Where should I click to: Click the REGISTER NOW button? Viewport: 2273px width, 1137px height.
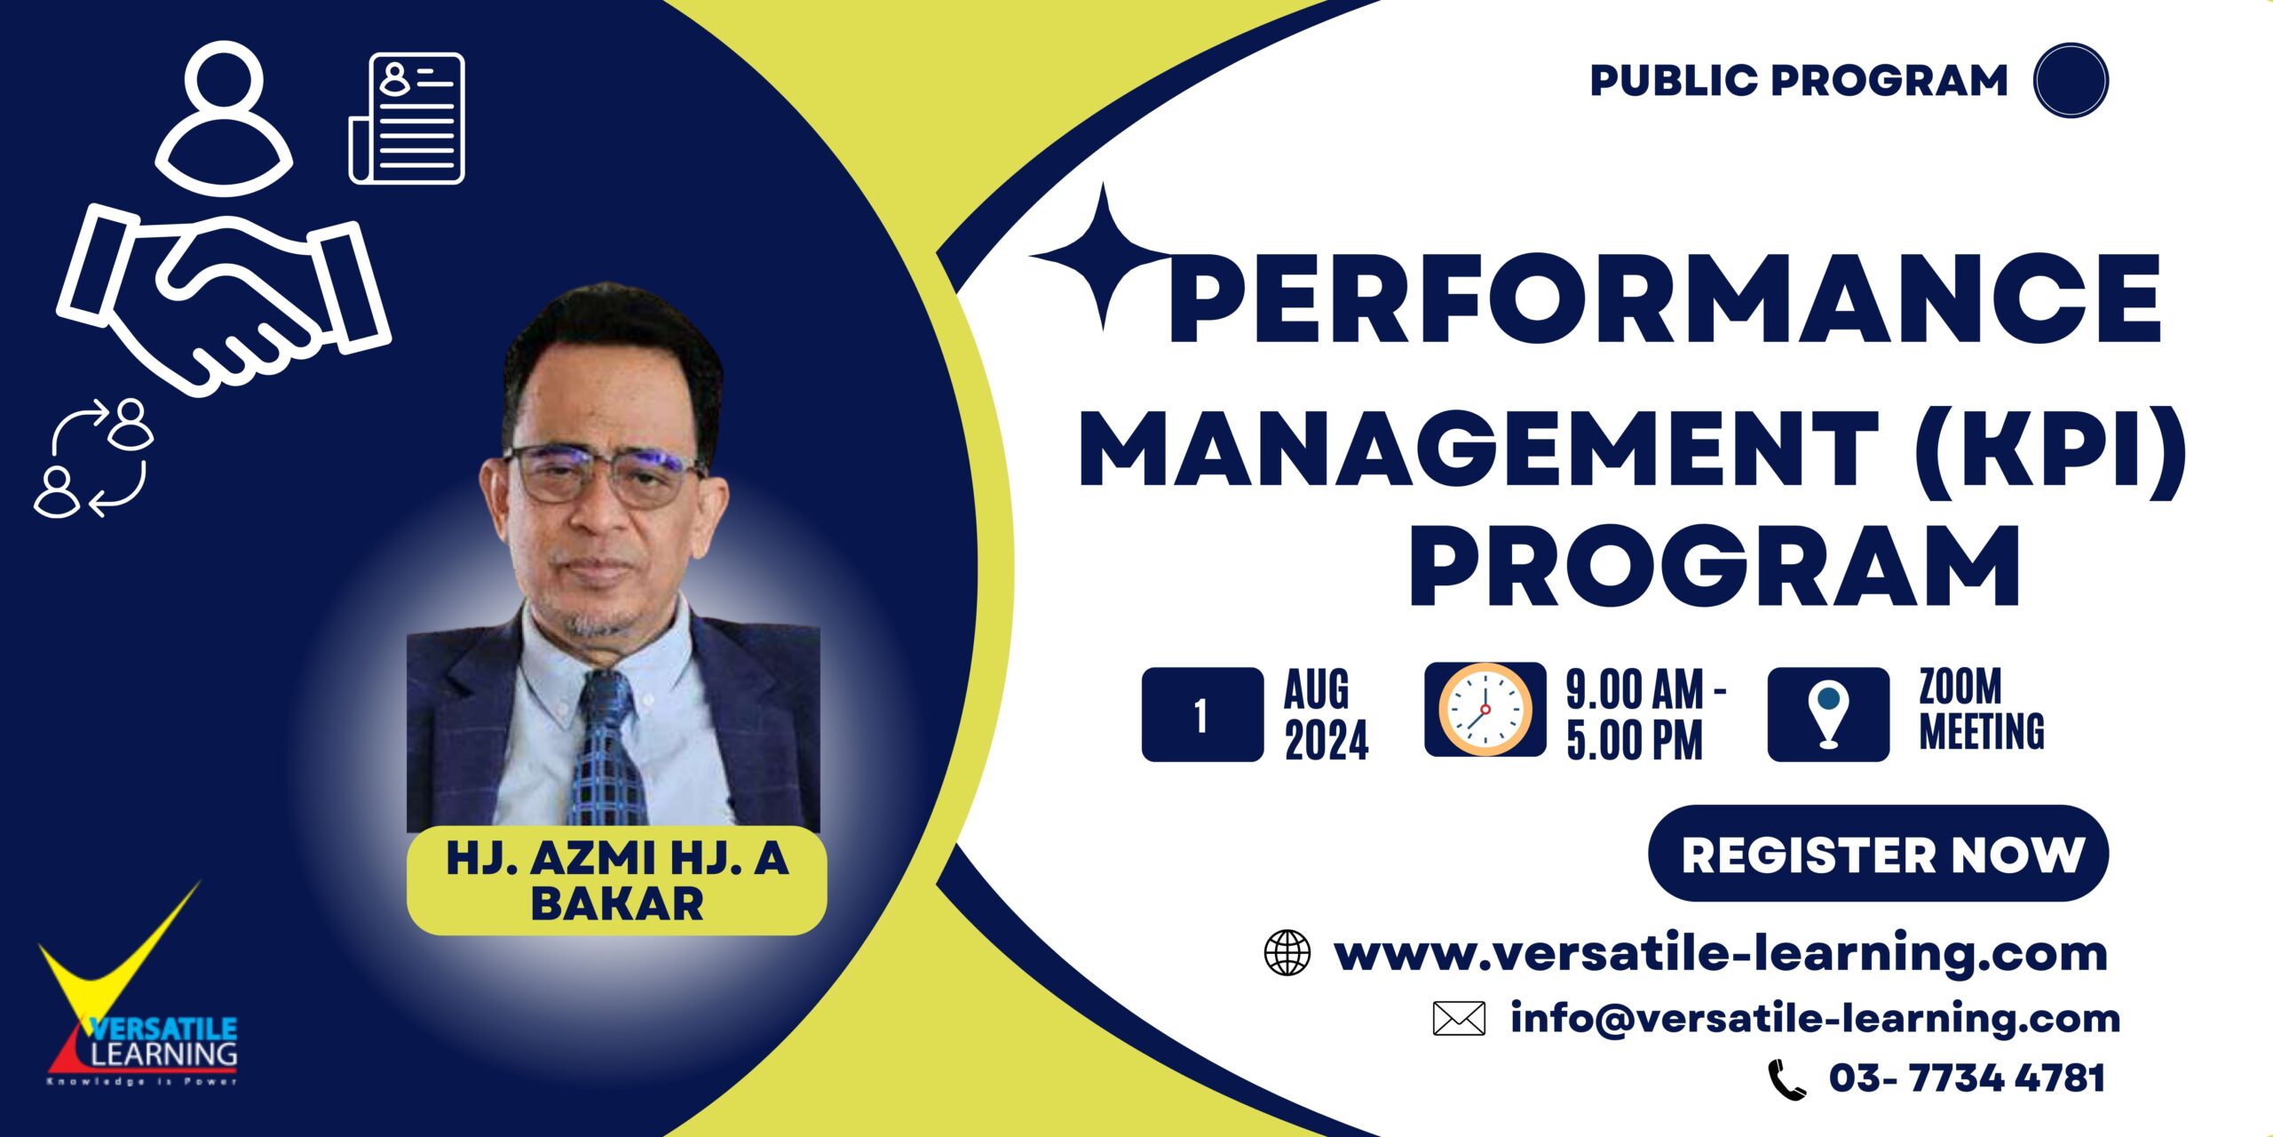tap(1878, 854)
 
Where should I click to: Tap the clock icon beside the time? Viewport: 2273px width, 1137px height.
tap(1485, 710)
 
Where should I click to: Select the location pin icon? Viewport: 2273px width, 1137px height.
tap(1828, 714)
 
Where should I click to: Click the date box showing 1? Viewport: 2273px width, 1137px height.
tap(1202, 714)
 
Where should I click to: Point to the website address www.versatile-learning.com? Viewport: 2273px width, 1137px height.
tap(1721, 953)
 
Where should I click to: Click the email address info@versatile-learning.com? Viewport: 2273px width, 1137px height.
tap(1816, 1018)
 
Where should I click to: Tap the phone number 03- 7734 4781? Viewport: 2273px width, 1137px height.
tap(1967, 1078)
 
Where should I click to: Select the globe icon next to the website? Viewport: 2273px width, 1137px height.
tap(1287, 953)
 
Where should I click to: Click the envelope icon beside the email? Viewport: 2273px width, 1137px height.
tap(1459, 1019)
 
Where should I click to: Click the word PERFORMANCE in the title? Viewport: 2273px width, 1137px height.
tap(1665, 298)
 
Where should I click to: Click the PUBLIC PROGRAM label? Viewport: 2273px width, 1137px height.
tap(1799, 80)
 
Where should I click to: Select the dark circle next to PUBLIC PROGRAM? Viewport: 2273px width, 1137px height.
tap(2071, 80)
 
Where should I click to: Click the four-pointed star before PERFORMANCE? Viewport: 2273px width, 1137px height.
tap(1102, 257)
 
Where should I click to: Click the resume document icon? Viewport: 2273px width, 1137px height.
tap(408, 118)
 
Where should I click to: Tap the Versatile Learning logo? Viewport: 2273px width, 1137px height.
tap(139, 1004)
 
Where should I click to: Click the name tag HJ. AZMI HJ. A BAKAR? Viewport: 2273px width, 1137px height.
tap(617, 880)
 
